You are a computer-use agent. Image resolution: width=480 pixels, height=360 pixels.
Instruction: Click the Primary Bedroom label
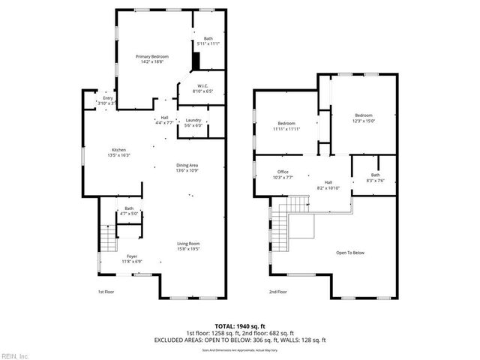(x=151, y=58)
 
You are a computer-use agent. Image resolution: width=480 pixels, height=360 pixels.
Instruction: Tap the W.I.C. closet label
(x=202, y=88)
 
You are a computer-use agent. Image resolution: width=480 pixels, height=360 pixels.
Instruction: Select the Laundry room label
(x=193, y=122)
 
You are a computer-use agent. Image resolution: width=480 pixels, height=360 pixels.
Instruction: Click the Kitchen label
(x=118, y=152)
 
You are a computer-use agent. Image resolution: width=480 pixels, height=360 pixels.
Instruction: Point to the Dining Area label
(x=186, y=167)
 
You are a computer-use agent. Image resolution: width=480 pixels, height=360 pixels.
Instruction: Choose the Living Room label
(x=187, y=245)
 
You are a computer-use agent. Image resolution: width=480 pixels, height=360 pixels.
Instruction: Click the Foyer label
(x=131, y=259)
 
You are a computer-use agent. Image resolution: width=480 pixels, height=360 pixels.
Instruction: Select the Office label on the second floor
(x=283, y=174)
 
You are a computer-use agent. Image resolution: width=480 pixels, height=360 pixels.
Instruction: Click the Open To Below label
(x=349, y=253)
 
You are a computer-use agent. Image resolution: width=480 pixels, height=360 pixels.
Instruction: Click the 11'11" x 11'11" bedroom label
(x=286, y=125)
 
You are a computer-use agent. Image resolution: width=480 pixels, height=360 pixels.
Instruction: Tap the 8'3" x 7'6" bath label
(x=375, y=177)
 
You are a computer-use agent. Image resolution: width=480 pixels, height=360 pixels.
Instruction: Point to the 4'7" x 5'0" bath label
(x=129, y=211)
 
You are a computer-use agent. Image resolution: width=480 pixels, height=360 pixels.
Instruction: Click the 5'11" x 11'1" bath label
(x=208, y=41)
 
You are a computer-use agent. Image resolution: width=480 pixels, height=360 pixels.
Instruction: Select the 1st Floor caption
(x=106, y=292)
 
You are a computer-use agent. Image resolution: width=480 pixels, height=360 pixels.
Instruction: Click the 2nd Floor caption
(x=277, y=292)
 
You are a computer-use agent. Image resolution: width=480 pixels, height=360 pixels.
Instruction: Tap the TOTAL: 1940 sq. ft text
(x=240, y=325)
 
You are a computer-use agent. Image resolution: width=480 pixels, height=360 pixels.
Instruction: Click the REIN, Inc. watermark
(x=14, y=355)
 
